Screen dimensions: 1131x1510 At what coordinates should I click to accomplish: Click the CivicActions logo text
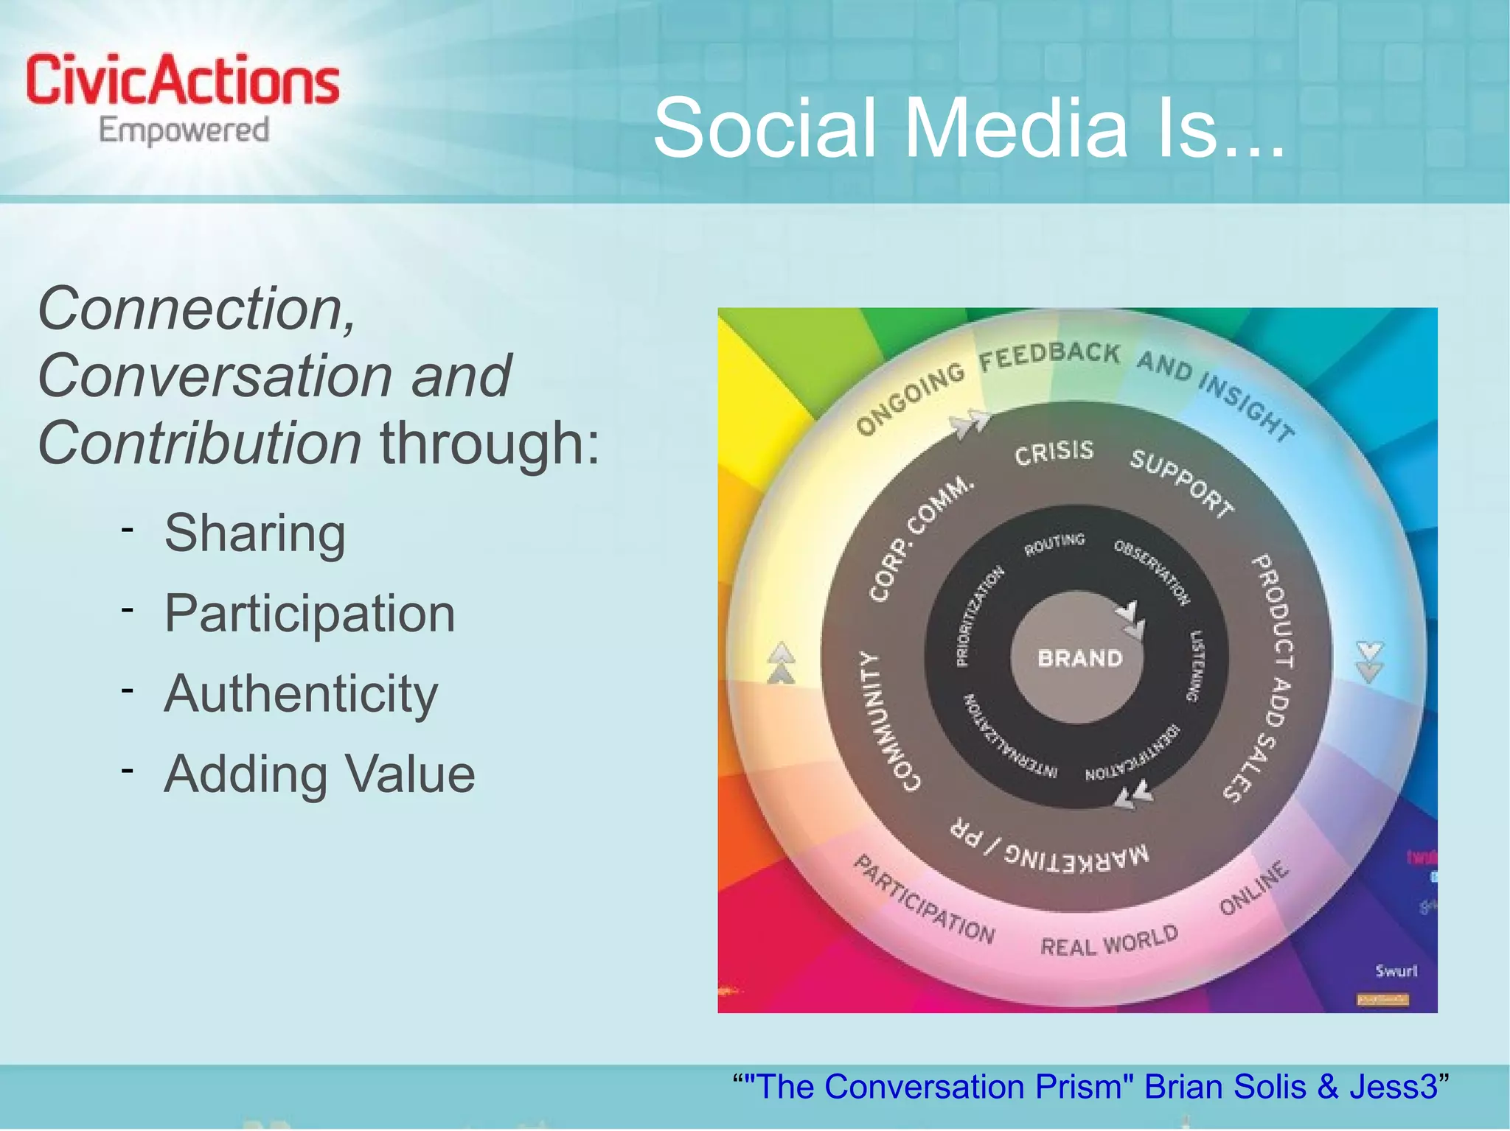click(x=182, y=80)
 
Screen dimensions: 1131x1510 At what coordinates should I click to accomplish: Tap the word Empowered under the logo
click(x=184, y=131)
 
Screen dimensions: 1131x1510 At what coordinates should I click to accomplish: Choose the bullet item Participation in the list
click(x=309, y=613)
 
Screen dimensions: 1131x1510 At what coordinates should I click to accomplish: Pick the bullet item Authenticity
click(x=300, y=694)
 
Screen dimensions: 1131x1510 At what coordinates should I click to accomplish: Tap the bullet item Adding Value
click(x=319, y=774)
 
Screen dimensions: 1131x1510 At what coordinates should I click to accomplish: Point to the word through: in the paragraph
click(x=490, y=444)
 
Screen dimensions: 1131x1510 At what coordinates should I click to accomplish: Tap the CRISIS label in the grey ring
click(x=1054, y=452)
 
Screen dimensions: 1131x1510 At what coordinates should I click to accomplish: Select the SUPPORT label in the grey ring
click(x=1182, y=482)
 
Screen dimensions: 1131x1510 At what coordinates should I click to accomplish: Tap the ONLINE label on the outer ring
click(x=1253, y=888)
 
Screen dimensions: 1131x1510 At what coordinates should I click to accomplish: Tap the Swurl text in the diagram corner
click(x=1396, y=970)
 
